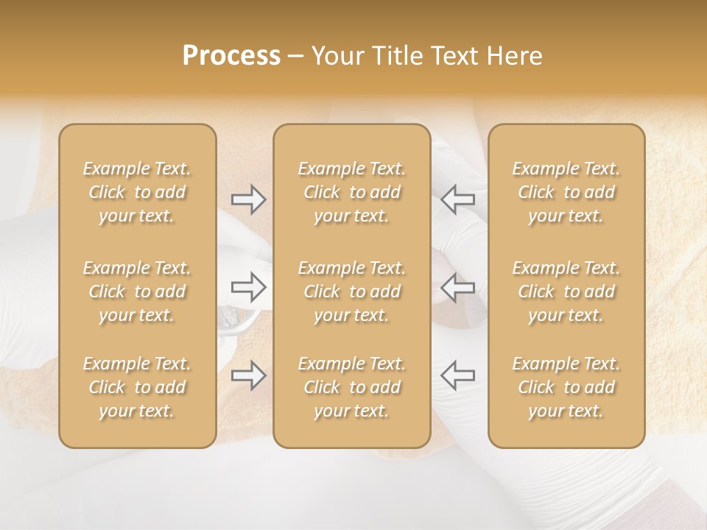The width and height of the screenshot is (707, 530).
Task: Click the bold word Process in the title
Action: point(231,56)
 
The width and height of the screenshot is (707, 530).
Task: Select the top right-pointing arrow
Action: point(248,199)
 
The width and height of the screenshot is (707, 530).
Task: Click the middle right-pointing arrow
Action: point(248,286)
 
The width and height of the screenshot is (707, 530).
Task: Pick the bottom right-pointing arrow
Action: point(248,375)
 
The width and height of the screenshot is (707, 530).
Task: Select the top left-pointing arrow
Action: point(457,199)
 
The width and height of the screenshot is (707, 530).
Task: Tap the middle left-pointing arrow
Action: point(457,286)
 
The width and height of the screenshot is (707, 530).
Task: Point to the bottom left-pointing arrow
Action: point(457,375)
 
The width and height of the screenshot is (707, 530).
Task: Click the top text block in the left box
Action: point(137,192)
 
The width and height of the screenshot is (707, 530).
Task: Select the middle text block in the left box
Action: point(137,291)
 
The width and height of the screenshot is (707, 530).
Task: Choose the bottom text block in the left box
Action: point(137,387)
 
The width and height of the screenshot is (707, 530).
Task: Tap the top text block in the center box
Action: point(351,192)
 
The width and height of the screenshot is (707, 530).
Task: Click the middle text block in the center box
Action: point(351,291)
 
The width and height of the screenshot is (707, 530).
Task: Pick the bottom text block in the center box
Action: point(351,387)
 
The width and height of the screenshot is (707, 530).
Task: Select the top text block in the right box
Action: point(566,192)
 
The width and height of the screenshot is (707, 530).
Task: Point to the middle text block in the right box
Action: point(566,291)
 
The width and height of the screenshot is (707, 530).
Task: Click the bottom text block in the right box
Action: point(566,387)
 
